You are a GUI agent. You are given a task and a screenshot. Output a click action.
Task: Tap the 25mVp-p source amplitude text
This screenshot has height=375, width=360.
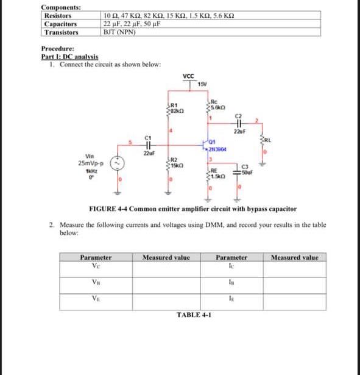[91, 163]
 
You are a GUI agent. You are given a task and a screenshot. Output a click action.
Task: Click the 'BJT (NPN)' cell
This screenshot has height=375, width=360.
[119, 32]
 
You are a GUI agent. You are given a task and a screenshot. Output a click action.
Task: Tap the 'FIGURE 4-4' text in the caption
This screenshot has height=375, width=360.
[108, 209]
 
